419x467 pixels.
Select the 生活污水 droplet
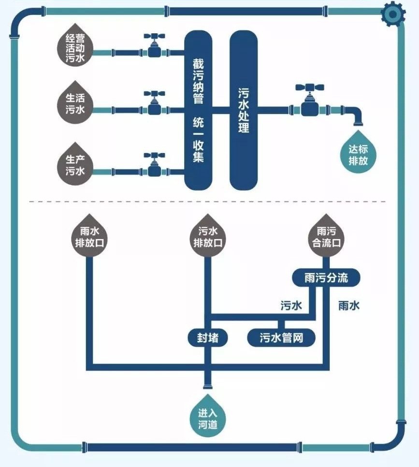[75, 103]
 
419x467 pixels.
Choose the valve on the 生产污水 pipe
[155, 165]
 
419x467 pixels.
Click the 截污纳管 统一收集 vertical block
[199, 110]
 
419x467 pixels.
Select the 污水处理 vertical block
[244, 110]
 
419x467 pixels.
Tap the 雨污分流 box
[326, 278]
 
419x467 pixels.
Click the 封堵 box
[207, 338]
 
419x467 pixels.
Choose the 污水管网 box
[281, 338]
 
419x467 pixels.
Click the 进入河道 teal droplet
[208, 418]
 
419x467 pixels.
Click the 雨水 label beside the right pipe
[348, 305]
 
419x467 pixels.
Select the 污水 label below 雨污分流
[291, 305]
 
